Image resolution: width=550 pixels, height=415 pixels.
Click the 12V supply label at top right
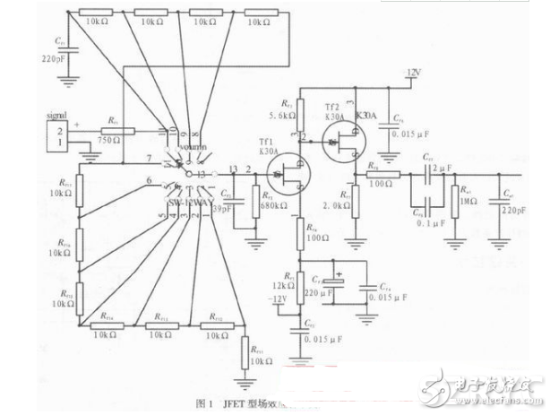[x=413, y=71]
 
